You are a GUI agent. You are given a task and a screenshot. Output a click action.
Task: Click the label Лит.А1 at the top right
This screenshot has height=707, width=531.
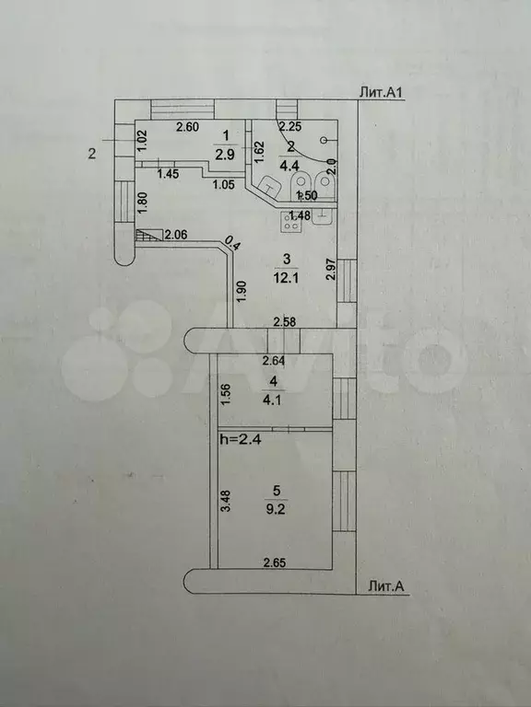click(380, 92)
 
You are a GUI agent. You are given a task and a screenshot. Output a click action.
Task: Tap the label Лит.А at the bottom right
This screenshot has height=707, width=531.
click(385, 585)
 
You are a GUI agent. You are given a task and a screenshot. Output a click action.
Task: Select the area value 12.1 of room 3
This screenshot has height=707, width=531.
click(284, 277)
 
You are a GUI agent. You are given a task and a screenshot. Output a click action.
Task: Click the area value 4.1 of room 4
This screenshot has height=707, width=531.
click(272, 400)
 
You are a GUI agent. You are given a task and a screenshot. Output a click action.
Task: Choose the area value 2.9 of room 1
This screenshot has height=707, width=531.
click(225, 155)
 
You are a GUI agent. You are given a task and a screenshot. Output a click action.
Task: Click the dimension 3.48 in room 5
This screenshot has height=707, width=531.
click(226, 500)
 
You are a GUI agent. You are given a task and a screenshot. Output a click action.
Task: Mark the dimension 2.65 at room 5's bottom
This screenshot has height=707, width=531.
click(275, 562)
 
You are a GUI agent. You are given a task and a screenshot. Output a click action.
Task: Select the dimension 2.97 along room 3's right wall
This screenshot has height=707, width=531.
click(332, 269)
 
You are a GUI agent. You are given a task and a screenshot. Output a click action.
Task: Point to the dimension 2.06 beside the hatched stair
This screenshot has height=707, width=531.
click(176, 235)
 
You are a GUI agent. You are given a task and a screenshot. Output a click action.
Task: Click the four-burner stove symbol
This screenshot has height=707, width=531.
click(289, 222)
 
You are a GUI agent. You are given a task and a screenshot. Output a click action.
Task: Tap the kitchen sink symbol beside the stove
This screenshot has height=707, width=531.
click(323, 218)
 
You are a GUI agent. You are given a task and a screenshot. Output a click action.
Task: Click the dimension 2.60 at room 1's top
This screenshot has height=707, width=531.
click(187, 127)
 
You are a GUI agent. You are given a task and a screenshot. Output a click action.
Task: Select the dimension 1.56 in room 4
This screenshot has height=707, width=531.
click(226, 394)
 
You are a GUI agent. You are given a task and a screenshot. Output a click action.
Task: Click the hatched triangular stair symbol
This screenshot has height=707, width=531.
click(149, 235)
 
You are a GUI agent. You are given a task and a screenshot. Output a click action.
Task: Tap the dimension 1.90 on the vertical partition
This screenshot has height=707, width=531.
click(242, 291)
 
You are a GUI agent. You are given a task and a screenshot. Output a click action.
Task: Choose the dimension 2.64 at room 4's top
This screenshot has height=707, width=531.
click(274, 360)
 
